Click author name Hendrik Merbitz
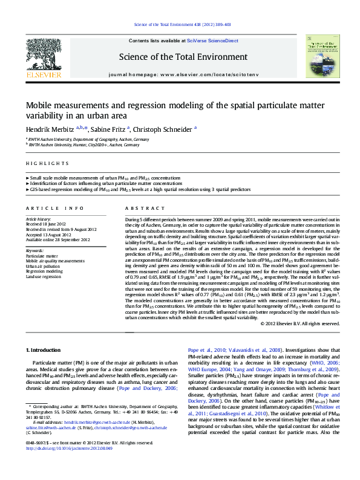pos(50,129)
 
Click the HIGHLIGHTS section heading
pos(47,164)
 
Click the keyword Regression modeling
pos(44,271)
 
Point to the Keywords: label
pos(34,250)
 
